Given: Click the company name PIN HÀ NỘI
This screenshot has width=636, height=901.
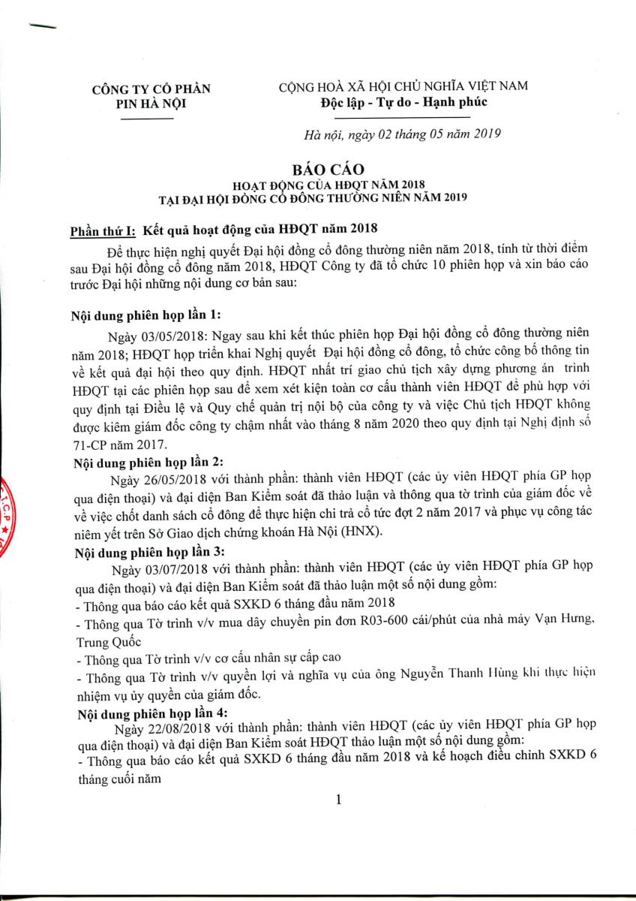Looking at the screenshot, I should pyautogui.click(x=151, y=104).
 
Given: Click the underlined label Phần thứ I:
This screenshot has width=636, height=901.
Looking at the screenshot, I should pyautogui.click(x=103, y=228).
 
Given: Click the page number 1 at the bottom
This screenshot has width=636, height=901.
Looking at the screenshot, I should pyautogui.click(x=338, y=800).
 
